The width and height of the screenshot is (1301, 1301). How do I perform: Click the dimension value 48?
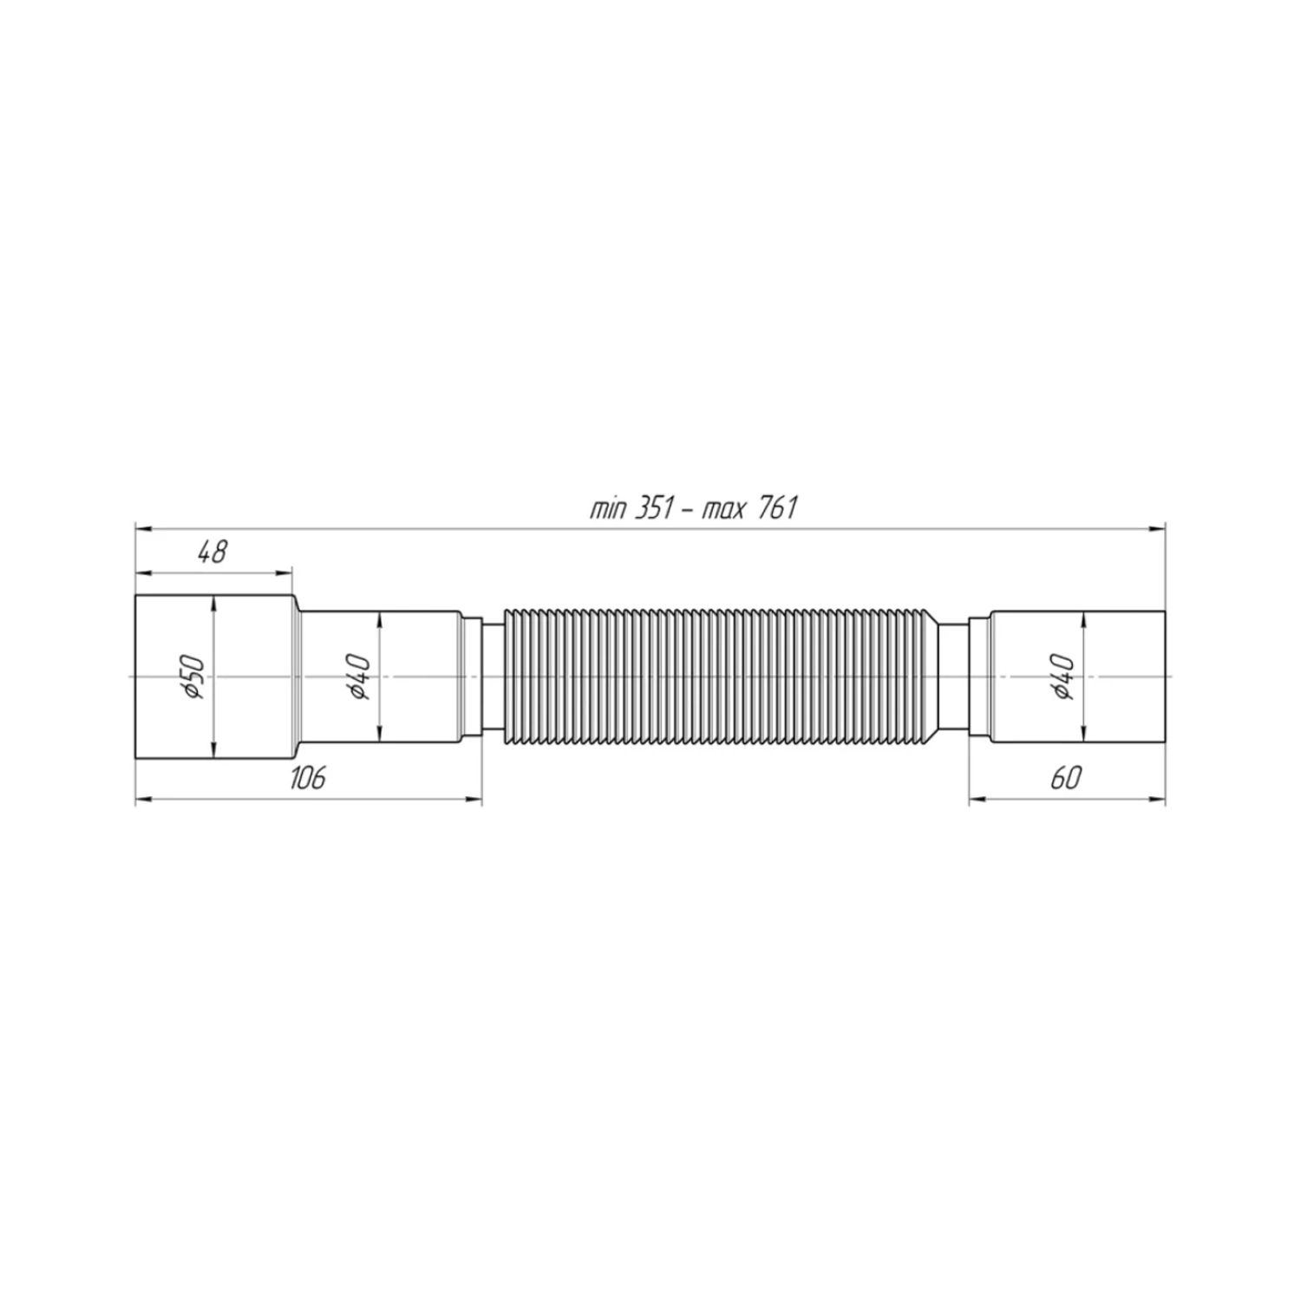point(212,552)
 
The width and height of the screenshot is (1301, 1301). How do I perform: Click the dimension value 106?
point(307,778)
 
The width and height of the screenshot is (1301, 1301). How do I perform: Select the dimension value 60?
point(1066,778)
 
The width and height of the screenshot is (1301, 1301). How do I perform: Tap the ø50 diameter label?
point(193,677)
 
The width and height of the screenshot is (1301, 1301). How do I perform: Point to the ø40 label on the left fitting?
point(361,677)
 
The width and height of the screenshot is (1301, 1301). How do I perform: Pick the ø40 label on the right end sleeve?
point(1066,677)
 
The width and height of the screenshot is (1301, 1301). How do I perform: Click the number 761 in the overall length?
point(777,508)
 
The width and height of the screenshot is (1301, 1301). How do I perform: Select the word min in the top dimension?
point(607,509)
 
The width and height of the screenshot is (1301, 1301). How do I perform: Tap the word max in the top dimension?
point(721,509)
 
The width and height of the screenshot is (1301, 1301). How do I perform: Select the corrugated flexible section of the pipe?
point(720,677)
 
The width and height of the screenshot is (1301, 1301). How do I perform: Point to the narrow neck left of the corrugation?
point(492,677)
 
